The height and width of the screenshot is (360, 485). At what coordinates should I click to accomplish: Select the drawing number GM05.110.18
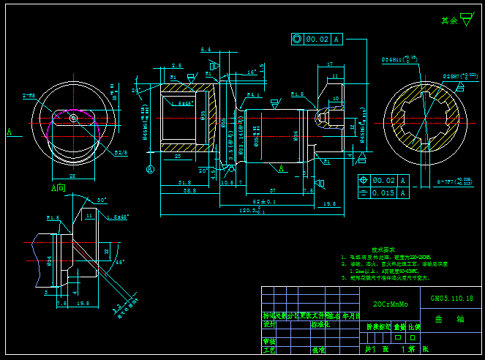point(451,299)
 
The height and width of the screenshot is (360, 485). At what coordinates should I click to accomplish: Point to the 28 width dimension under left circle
point(72,176)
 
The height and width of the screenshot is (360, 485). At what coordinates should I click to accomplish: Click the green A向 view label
point(58,188)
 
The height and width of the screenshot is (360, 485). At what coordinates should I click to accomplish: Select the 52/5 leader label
point(121,152)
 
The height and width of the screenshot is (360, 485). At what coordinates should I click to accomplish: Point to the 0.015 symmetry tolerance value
point(384,193)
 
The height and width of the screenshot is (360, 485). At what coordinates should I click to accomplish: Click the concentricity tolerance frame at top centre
point(316,40)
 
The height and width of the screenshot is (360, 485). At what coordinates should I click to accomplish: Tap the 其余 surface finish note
point(449,21)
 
